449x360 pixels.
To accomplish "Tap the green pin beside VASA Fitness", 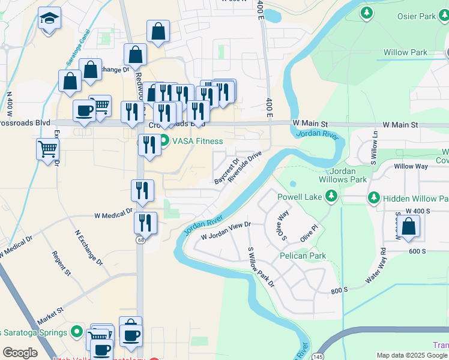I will (x=164, y=142).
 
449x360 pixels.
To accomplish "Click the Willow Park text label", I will (x=406, y=52).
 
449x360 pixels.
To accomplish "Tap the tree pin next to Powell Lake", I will (x=331, y=196).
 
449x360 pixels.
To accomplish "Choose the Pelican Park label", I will (x=303, y=256).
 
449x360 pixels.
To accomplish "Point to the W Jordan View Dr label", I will (x=225, y=230).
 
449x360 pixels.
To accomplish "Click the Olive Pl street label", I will (x=309, y=232).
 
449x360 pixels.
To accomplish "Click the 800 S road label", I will (x=339, y=290).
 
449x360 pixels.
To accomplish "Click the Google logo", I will (x=20, y=353).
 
